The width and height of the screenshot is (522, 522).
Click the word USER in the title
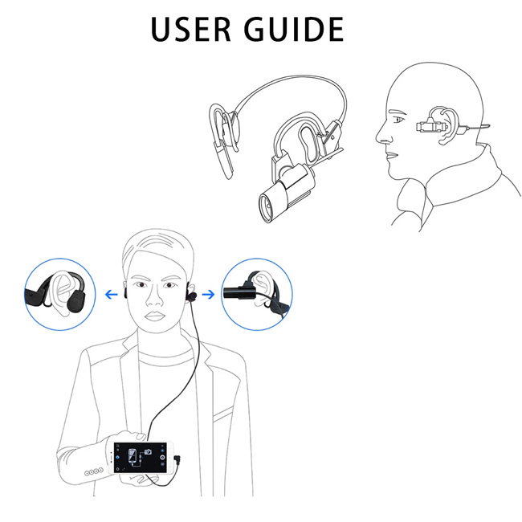tap(191, 29)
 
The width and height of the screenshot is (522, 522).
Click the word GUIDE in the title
tap(294, 29)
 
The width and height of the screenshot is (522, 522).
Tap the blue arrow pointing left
tap(111, 294)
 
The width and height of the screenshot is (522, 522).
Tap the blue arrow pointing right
tap(209, 294)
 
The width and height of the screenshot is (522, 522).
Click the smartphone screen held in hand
tap(141, 457)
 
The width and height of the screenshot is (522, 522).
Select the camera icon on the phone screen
tap(148, 451)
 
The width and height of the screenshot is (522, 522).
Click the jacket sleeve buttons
tap(93, 471)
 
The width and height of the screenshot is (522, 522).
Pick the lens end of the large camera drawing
tap(267, 208)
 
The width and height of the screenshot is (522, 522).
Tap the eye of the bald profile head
tap(399, 119)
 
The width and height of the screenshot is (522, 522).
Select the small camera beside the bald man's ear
tap(431, 127)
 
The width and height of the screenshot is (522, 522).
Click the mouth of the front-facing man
tap(154, 316)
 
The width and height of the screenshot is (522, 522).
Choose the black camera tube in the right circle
tap(239, 292)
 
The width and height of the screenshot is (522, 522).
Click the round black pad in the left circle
tap(76, 300)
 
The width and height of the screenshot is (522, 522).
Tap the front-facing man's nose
tap(154, 298)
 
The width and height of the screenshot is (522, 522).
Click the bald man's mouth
tap(392, 155)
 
